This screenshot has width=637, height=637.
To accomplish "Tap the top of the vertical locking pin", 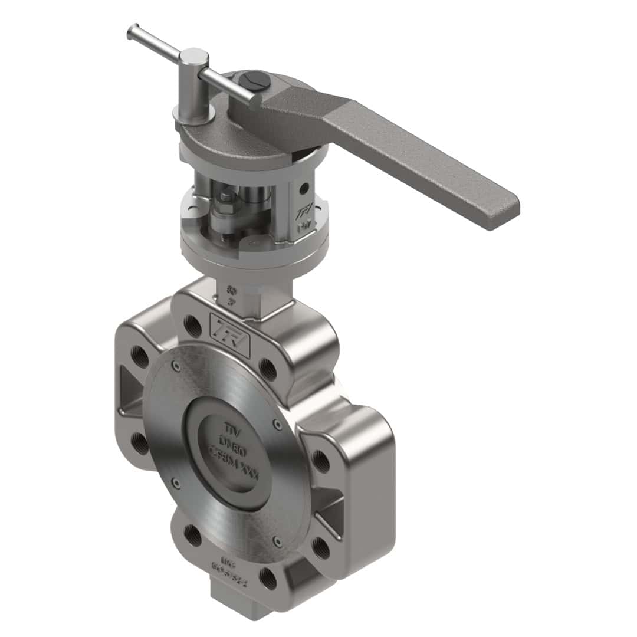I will (194, 57).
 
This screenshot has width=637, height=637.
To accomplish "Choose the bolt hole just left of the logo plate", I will (192, 325).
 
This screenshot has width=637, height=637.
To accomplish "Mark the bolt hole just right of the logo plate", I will (267, 368).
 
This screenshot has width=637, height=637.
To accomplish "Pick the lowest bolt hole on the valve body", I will (268, 578).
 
